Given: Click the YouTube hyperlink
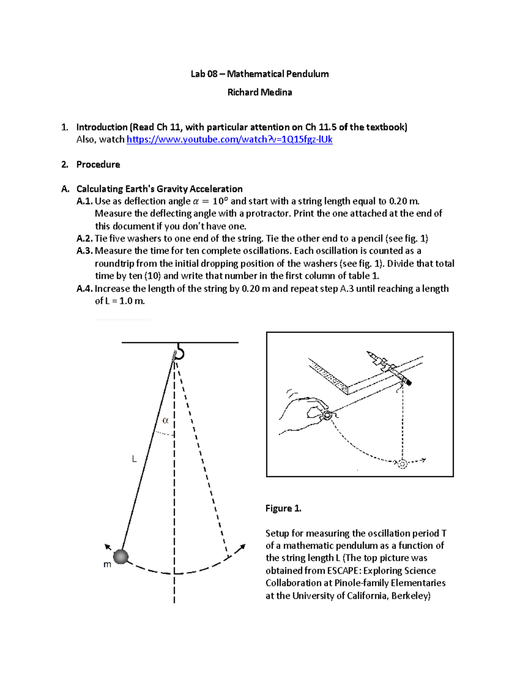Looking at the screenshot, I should coord(229,140).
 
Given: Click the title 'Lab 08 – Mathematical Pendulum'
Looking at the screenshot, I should coord(260,74).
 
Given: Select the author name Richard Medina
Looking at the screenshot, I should coord(260,92).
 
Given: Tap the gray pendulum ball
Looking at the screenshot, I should coord(121,556).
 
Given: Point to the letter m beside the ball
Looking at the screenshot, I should coord(107,564).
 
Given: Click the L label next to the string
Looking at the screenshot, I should coord(134,459).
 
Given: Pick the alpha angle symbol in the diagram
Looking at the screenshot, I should coord(165,420).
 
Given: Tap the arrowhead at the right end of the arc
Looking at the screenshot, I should coord(243,547).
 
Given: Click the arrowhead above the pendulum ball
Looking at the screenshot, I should coord(108,547).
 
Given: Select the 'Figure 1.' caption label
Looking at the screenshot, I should coord(283,508).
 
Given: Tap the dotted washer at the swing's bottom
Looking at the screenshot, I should coord(403,464).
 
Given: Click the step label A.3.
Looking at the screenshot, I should coord(84,251).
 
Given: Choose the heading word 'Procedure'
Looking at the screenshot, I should coord(98,165).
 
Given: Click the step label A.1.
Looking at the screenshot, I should coord(84,201).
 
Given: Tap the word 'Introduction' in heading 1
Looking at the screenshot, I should coord(102,127).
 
